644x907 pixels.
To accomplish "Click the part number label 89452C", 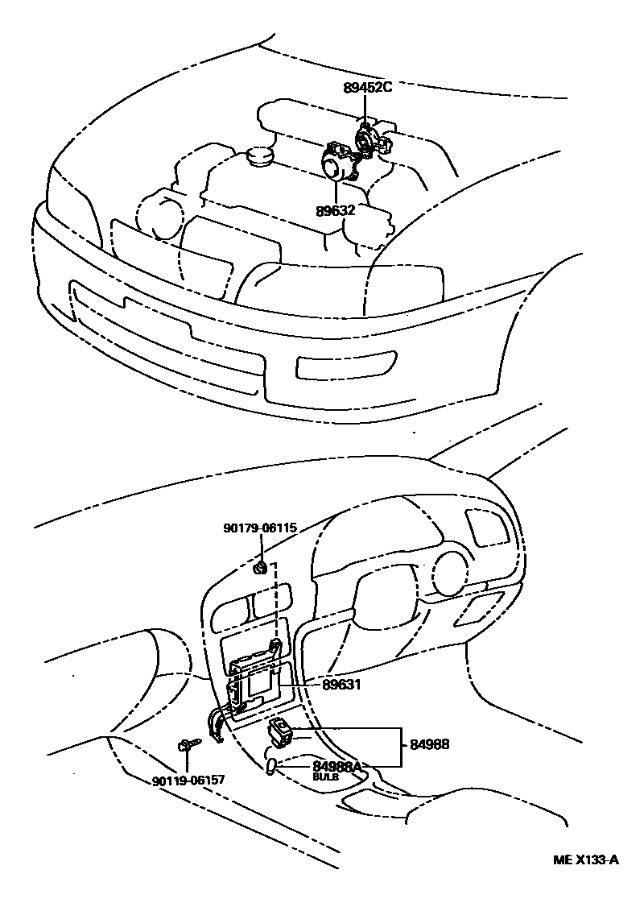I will pos(367,88).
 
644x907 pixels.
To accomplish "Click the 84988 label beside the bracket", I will pos(430,745).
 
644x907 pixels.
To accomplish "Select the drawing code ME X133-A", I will pos(585,859).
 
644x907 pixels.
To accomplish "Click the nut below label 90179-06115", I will pos(260,569).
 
